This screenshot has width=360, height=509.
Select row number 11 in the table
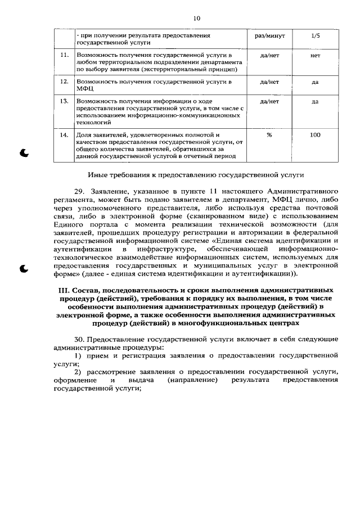[64, 55]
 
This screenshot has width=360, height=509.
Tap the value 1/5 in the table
[315, 35]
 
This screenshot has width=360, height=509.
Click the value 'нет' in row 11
[315, 56]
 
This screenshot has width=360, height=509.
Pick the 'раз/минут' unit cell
[269, 35]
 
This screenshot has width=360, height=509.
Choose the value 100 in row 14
[315, 135]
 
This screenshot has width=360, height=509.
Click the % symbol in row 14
[269, 135]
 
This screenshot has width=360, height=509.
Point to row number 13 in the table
[64, 101]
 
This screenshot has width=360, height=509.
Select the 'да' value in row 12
[315, 82]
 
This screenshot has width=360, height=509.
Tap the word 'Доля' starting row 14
[84, 135]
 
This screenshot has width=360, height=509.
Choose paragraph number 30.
[80, 340]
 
